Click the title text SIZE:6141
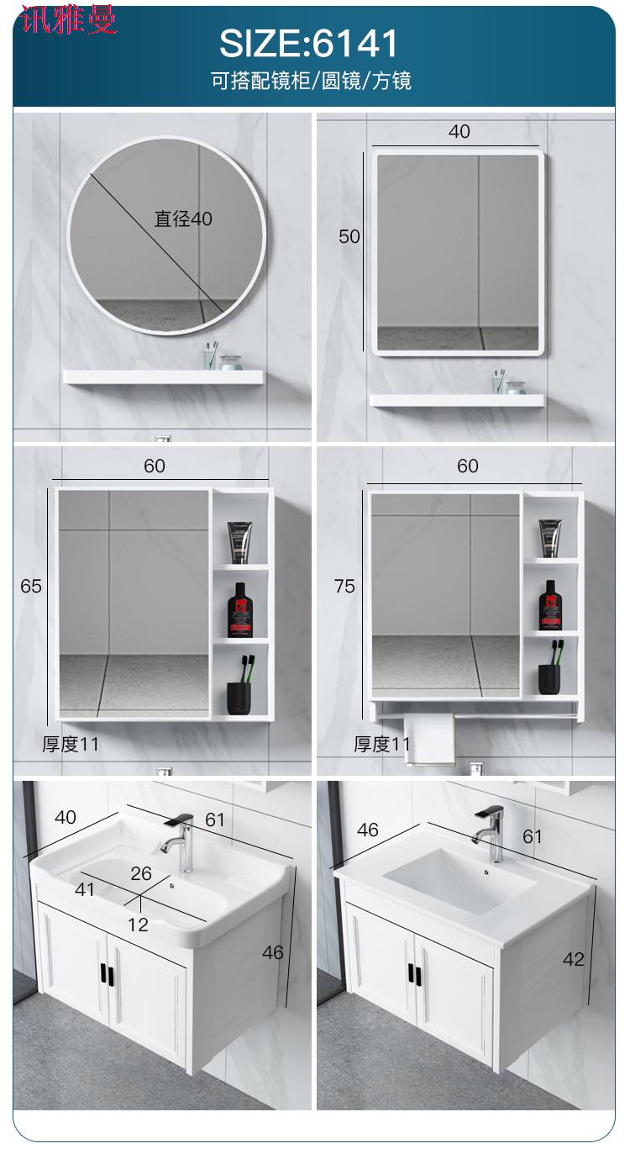click(308, 43)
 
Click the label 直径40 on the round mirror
click(183, 219)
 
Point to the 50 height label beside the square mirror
click(349, 236)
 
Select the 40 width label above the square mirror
click(459, 131)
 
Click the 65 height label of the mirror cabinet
click(31, 586)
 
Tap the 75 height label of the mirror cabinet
click(344, 586)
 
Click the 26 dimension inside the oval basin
click(141, 873)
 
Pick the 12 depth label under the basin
click(138, 925)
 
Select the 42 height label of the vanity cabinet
click(574, 959)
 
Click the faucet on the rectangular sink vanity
click(489, 834)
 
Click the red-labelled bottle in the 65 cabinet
click(239, 610)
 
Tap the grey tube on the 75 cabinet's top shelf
click(550, 538)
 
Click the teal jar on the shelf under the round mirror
click(230, 362)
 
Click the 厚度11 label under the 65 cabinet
click(70, 744)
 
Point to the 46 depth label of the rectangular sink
click(368, 830)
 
